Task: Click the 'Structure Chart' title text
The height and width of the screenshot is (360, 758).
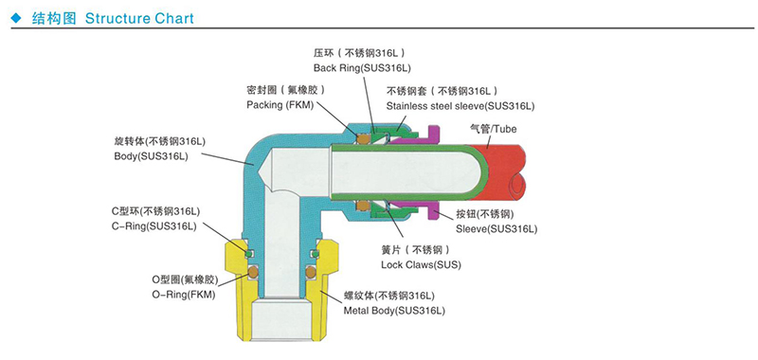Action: coord(139,18)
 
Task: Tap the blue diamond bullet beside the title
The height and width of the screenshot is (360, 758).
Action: coord(17,18)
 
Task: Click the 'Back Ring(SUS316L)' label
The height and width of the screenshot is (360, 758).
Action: coord(362,68)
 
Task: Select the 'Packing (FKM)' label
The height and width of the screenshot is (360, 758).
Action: coord(280,105)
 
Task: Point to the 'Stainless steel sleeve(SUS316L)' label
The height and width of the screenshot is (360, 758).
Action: coord(460,106)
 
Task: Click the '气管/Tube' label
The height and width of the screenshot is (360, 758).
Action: coord(493,129)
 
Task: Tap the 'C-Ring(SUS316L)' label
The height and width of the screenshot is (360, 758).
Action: coord(154,226)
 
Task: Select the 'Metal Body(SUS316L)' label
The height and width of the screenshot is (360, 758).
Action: coord(394,310)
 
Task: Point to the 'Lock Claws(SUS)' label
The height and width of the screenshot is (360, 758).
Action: coord(421,265)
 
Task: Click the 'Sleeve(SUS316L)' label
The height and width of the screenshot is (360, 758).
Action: coord(496,228)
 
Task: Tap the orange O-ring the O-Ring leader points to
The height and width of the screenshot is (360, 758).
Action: coord(253,272)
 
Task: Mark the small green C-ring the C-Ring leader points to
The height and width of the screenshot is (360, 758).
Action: coord(248,254)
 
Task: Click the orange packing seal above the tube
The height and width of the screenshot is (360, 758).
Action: coord(363,139)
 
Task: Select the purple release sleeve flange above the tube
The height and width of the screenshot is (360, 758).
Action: coord(433,135)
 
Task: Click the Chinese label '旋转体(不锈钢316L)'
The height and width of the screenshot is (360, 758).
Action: coord(160,142)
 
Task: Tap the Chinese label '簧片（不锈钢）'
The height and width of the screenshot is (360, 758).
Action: coord(415,250)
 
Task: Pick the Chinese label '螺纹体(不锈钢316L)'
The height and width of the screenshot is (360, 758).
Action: coord(389,296)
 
